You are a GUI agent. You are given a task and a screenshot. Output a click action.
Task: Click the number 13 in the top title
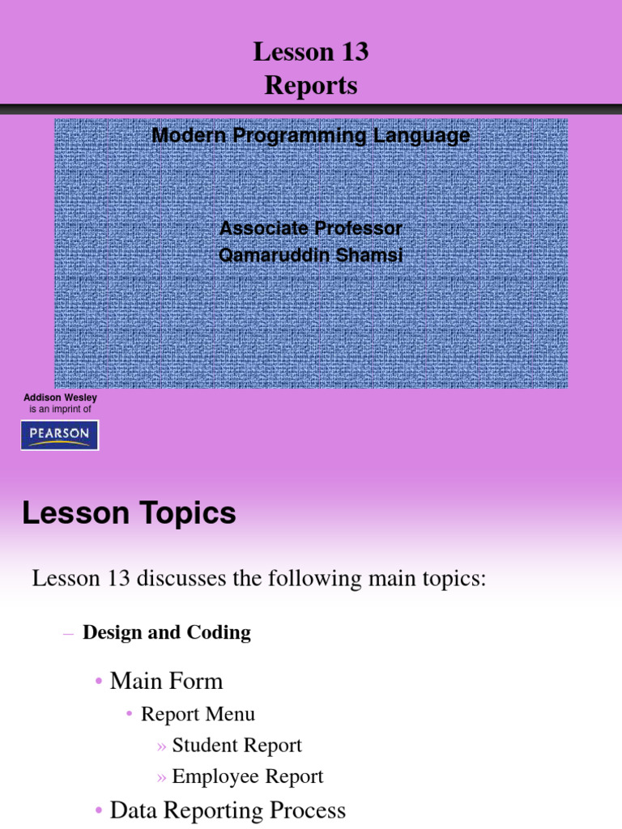353,53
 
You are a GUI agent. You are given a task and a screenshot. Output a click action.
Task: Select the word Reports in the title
311,86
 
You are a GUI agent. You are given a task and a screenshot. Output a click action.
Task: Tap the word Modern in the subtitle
190,136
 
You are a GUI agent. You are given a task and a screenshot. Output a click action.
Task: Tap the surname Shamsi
372,256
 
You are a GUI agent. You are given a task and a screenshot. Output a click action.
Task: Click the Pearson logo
59,435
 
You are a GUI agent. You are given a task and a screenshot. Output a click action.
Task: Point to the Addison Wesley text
60,398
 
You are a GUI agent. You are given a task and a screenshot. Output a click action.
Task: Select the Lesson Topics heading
129,513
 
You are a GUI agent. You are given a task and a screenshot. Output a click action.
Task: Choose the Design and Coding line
167,633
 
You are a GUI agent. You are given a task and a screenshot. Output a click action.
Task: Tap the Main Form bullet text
166,681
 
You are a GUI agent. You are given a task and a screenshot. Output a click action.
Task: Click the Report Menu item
198,714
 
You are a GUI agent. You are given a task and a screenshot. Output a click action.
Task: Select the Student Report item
237,746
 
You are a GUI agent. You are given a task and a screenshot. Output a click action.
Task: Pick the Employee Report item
248,777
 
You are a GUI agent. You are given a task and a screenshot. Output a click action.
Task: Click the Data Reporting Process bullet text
228,810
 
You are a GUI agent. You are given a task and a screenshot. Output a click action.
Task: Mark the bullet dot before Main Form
99,682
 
